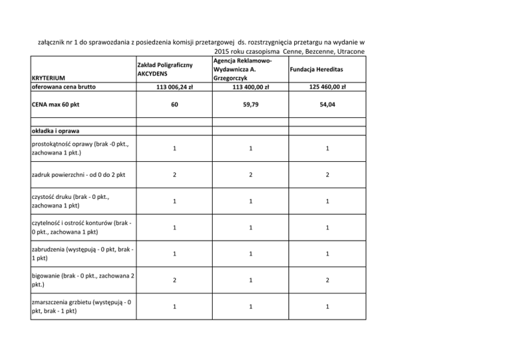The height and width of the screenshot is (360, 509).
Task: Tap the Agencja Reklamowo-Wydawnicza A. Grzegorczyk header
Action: (241, 69)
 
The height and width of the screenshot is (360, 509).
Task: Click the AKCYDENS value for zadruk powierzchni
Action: (174, 175)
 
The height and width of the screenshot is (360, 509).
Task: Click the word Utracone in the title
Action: (351, 52)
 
